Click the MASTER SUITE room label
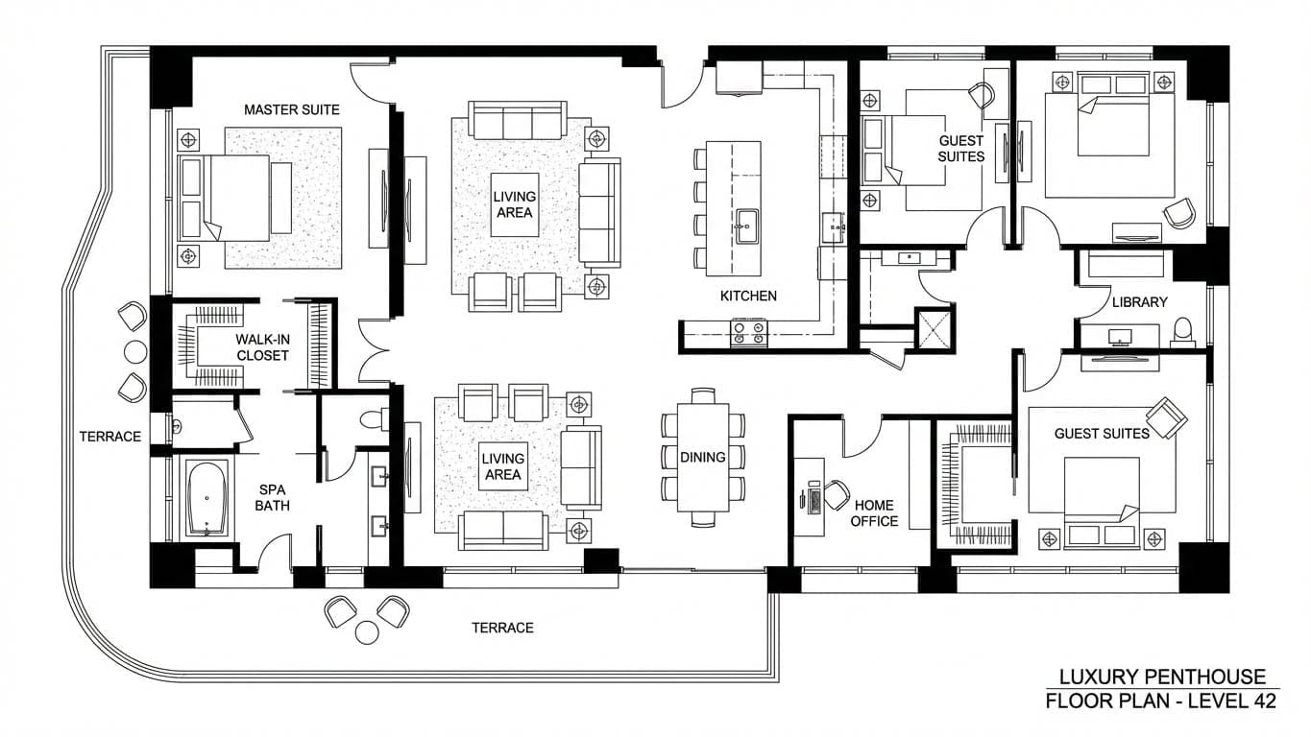pyautogui.click(x=291, y=109)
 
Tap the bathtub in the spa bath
pyautogui.click(x=207, y=498)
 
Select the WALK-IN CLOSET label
pyautogui.click(x=262, y=346)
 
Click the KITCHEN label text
pyautogui.click(x=748, y=296)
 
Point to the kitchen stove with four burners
pyautogui.click(x=749, y=332)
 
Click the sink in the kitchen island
pyautogui.click(x=745, y=228)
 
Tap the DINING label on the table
pyautogui.click(x=703, y=457)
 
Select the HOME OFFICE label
pyautogui.click(x=874, y=512)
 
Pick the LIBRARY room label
pyautogui.click(x=1139, y=301)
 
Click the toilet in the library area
pyautogui.click(x=1182, y=331)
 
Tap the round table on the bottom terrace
pyautogui.click(x=367, y=631)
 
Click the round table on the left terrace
pyautogui.click(x=135, y=351)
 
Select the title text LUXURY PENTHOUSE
pyautogui.click(x=1162, y=677)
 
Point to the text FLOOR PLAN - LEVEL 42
pyautogui.click(x=1161, y=701)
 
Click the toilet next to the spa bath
pyautogui.click(x=373, y=419)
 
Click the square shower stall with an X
pyautogui.click(x=934, y=328)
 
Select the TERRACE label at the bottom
pyautogui.click(x=502, y=628)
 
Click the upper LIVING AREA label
pyautogui.click(x=515, y=204)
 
